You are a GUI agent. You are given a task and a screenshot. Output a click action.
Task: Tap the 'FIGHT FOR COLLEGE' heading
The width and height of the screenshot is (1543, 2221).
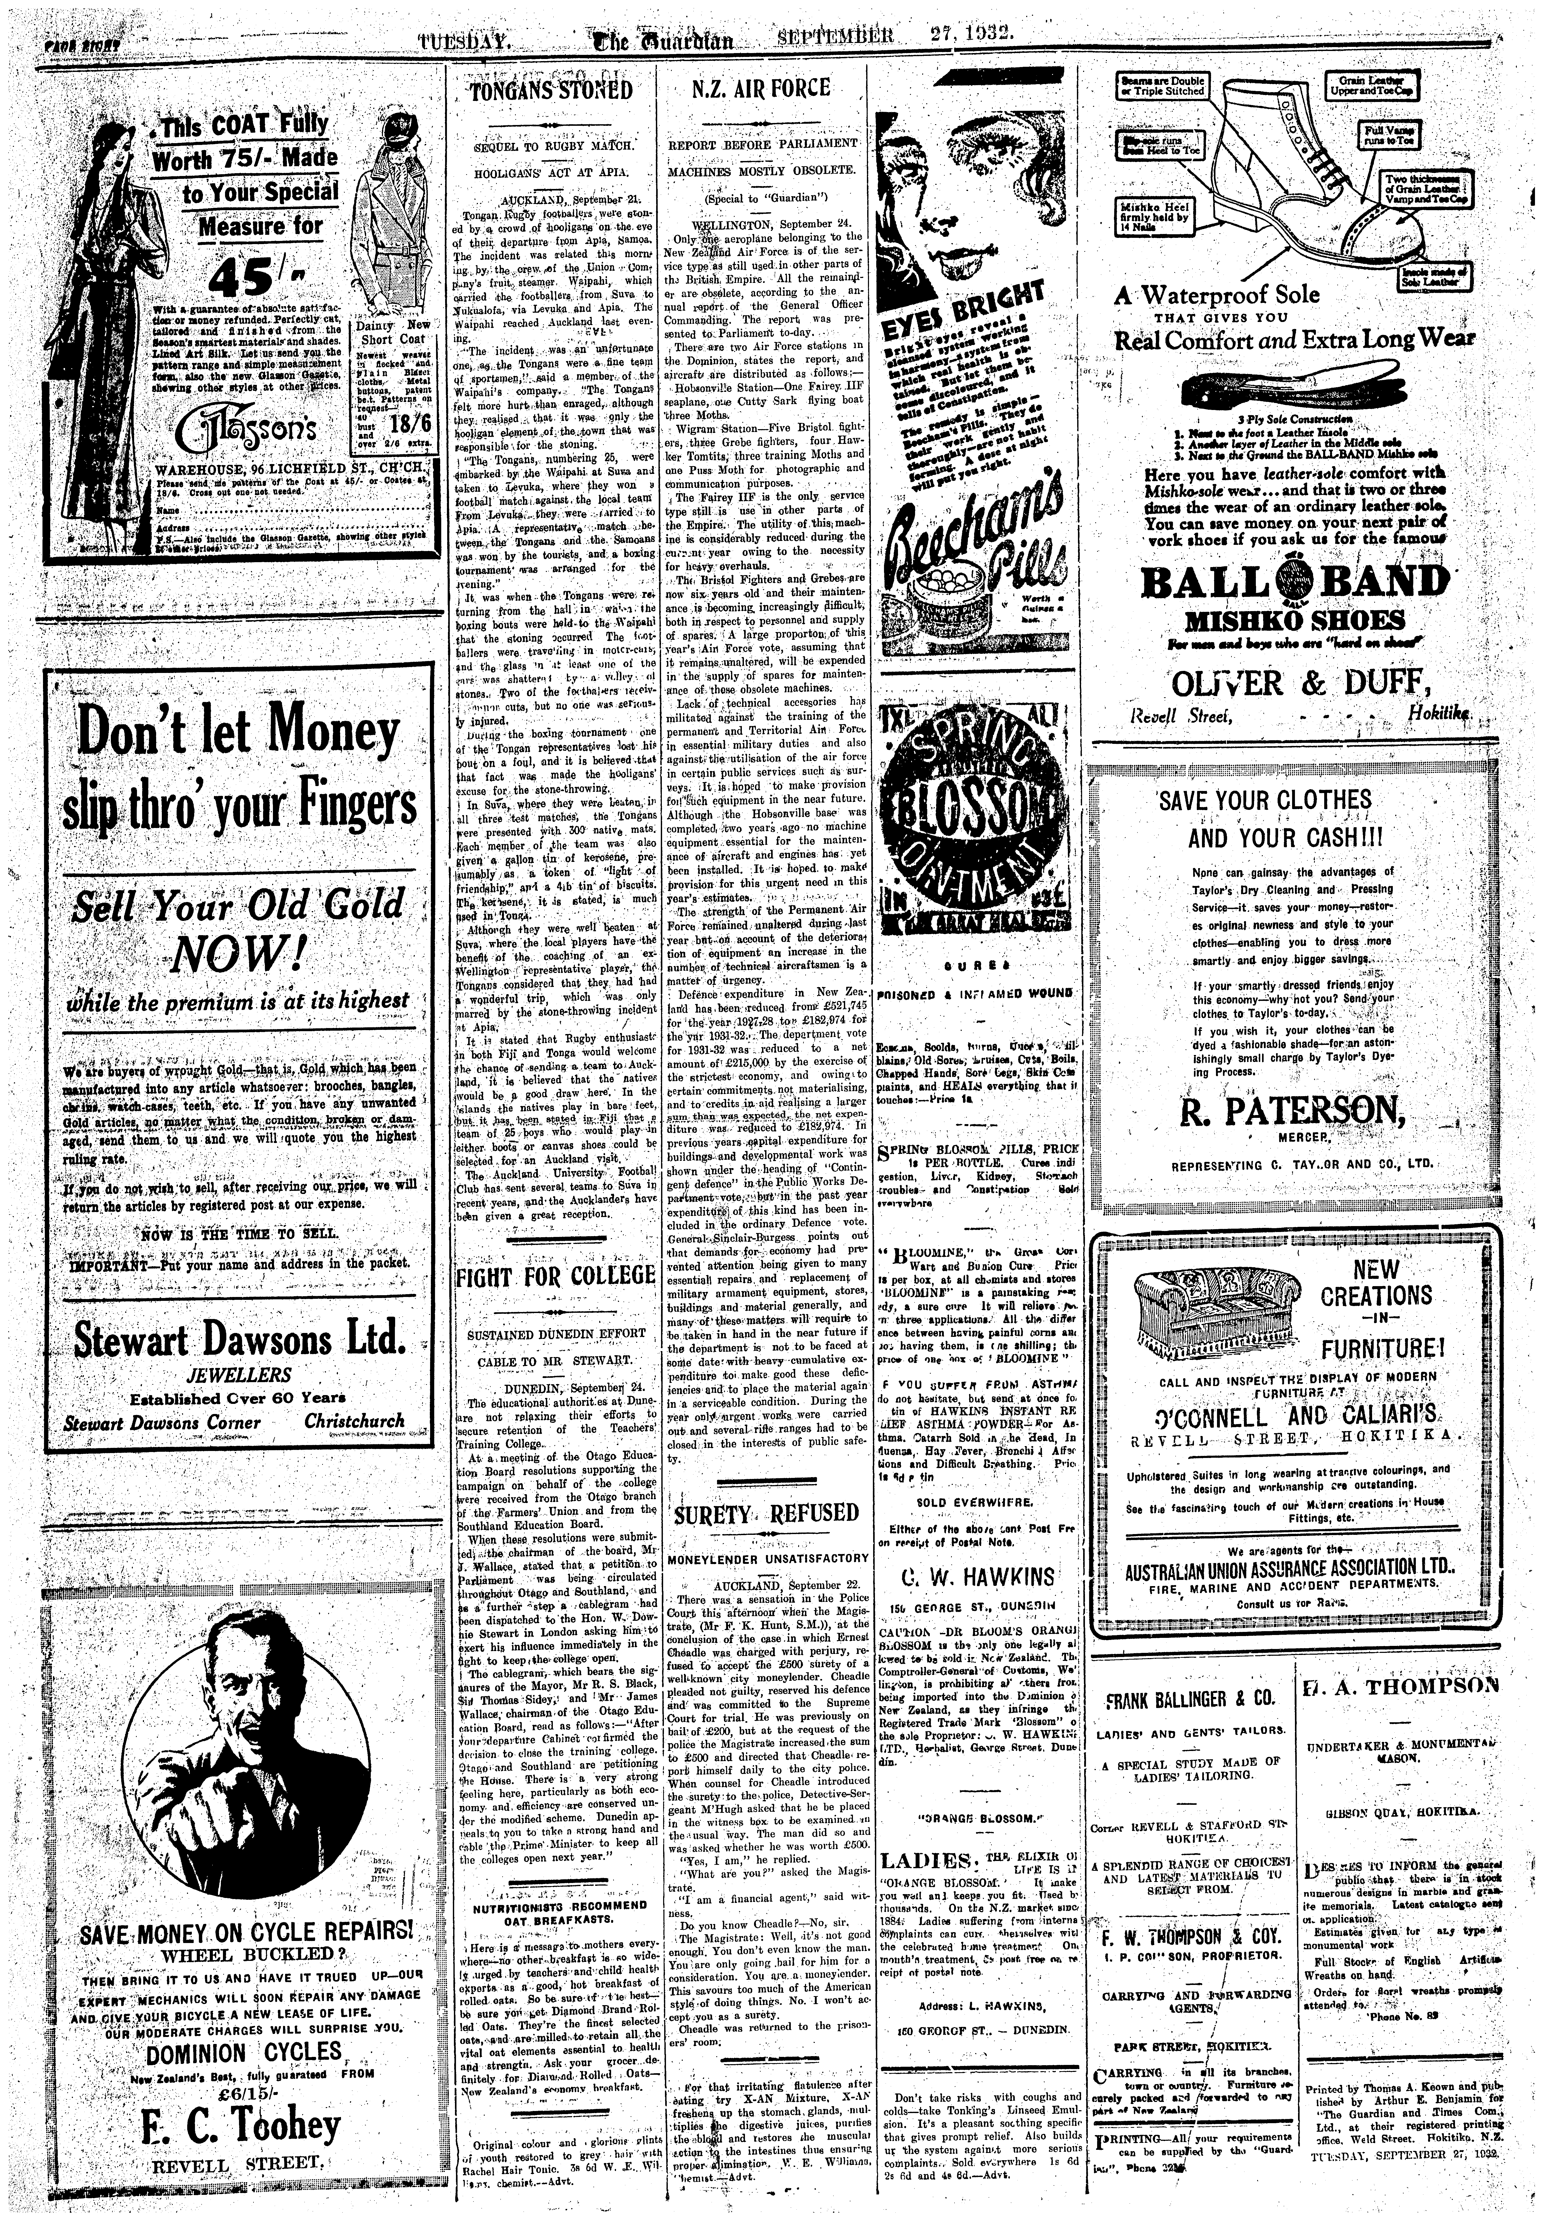(x=555, y=1277)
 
